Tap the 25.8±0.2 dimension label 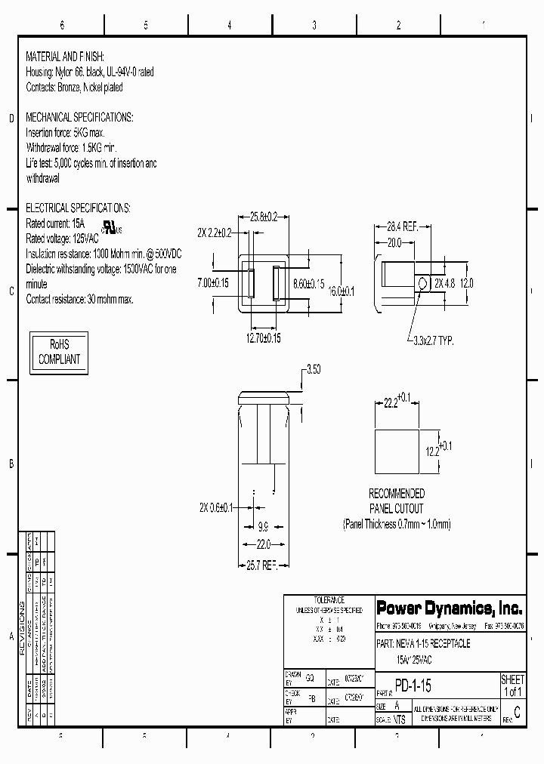click(264, 217)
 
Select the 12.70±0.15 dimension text click(264, 338)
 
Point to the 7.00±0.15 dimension click(213, 282)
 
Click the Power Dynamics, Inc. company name click(450, 608)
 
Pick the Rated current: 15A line click(57, 224)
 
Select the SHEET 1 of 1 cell click(513, 685)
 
